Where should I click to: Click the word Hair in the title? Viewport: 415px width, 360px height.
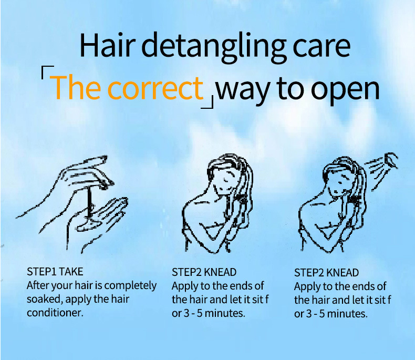(x=108, y=45)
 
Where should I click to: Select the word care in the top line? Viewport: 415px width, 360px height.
(x=321, y=48)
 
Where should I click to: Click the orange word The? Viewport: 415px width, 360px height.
(x=77, y=87)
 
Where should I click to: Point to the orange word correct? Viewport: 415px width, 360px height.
(x=155, y=88)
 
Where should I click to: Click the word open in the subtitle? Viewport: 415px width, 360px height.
(x=345, y=91)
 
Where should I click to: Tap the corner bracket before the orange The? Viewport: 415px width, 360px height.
(x=45, y=69)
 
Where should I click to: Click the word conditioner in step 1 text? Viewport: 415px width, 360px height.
(x=55, y=313)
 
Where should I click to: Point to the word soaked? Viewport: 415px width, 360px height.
(x=45, y=299)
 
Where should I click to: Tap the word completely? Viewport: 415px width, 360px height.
(x=130, y=286)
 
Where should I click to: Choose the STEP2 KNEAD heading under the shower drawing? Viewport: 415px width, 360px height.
(x=326, y=273)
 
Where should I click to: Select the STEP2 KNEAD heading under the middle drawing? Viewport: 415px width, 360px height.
(x=204, y=272)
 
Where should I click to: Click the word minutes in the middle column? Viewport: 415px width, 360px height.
(x=225, y=313)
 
